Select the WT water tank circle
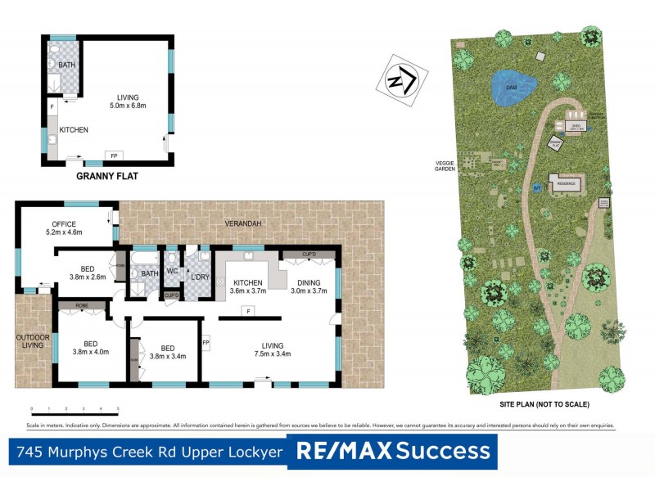tap(537, 187)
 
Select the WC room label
tap(172, 272)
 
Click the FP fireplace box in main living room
tap(206, 341)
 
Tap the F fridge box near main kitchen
tap(246, 310)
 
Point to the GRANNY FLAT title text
tap(107, 175)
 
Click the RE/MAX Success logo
tap(392, 451)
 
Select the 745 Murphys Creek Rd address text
tap(147, 451)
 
